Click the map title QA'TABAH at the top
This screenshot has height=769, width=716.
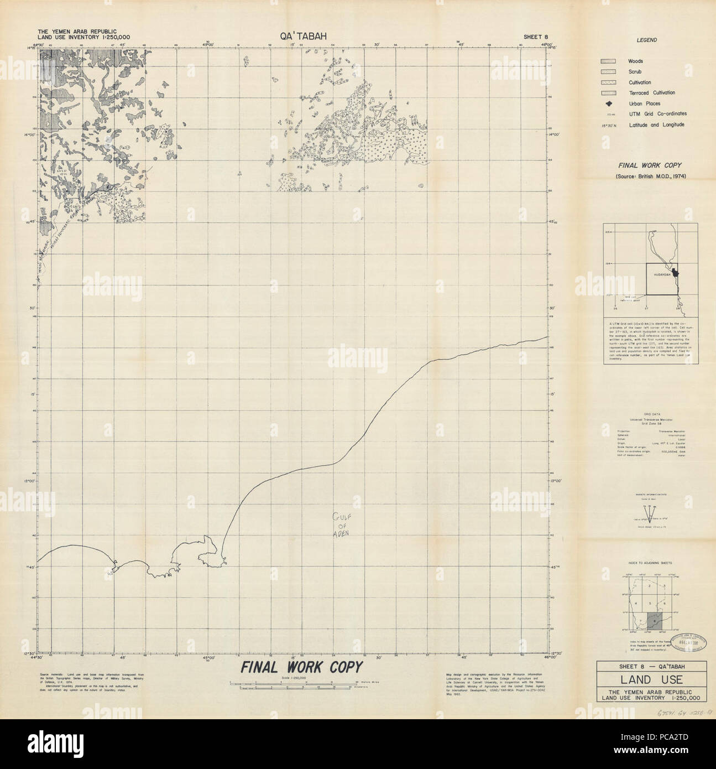304,36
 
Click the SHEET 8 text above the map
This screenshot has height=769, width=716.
539,37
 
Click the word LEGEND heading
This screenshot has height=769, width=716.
646,40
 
